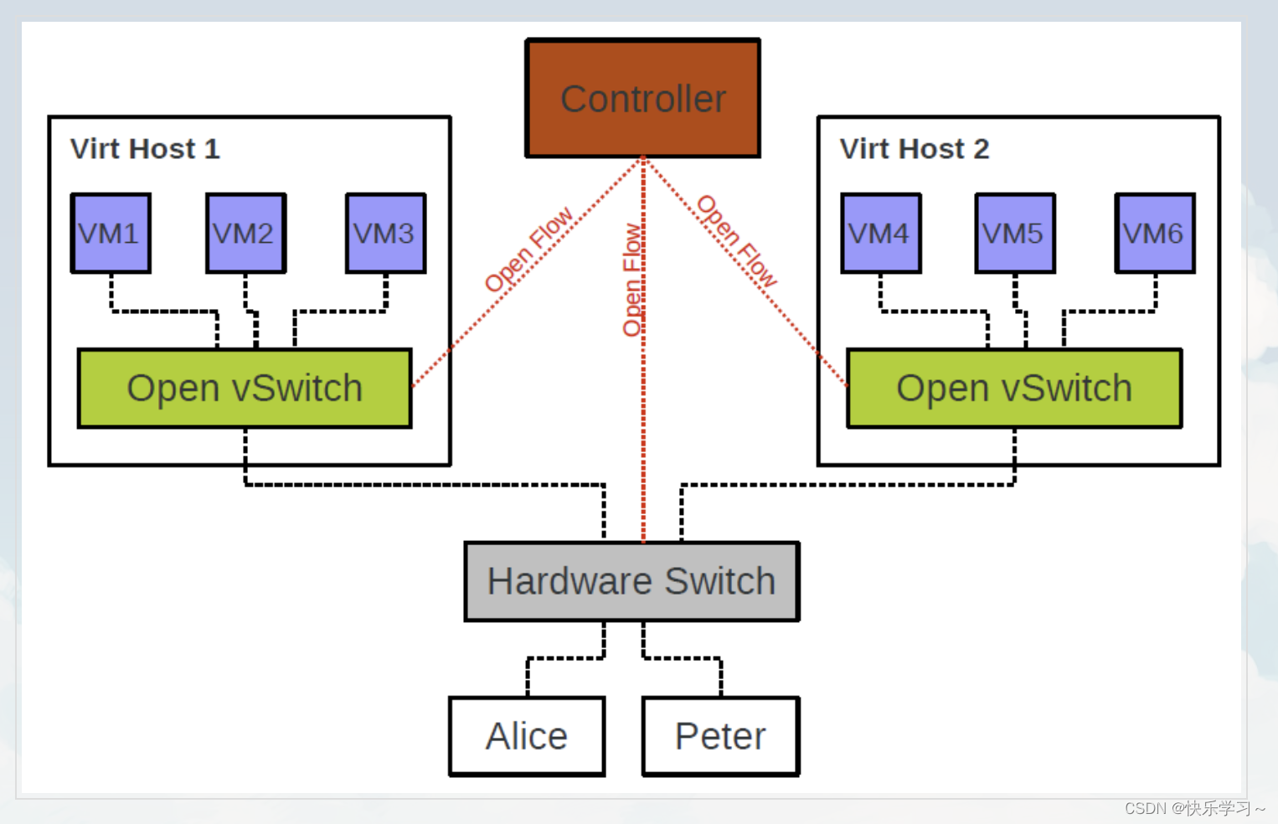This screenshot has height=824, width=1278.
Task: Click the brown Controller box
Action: (x=642, y=99)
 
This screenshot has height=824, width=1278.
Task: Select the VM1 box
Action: (x=111, y=233)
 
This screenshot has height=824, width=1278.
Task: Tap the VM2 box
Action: (x=245, y=233)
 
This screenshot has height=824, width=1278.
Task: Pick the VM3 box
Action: (x=385, y=233)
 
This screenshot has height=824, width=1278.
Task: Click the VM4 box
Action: (x=880, y=233)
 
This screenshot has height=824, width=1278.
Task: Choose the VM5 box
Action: (x=1014, y=233)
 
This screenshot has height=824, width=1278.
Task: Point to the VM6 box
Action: (x=1154, y=233)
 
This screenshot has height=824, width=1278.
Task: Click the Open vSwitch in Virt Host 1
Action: (x=245, y=389)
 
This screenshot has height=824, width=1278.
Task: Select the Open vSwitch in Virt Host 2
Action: (x=1014, y=389)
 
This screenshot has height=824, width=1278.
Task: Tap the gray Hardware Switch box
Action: (x=631, y=581)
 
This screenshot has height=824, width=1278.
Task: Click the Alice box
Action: (x=527, y=736)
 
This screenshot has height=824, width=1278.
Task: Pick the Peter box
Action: (x=720, y=736)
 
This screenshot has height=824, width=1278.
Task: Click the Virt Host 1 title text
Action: (x=145, y=149)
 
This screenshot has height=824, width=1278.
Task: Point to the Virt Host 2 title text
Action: (x=915, y=149)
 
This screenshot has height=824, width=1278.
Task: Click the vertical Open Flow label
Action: (x=632, y=280)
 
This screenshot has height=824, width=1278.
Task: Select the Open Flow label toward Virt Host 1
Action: (x=528, y=250)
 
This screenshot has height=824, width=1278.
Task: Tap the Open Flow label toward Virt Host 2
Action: (x=737, y=241)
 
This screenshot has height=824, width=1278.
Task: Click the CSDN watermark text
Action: (x=1193, y=808)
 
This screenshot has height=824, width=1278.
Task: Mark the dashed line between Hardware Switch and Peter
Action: (x=683, y=658)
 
